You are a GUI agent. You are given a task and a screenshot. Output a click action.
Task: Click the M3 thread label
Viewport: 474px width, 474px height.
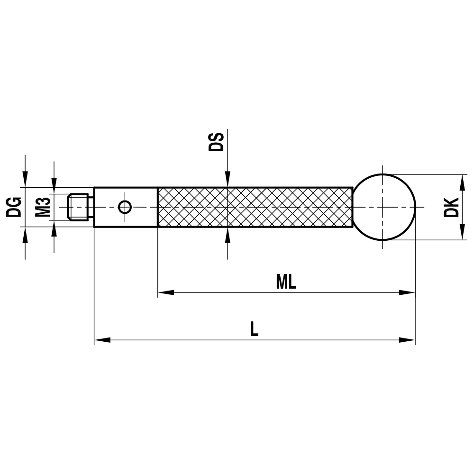point(43,207)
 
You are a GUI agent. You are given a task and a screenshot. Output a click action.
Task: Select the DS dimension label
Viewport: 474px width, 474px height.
point(216,142)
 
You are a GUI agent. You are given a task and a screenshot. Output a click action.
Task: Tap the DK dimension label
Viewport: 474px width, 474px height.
point(451,207)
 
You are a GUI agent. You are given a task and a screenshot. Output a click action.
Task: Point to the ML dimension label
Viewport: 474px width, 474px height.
point(286,283)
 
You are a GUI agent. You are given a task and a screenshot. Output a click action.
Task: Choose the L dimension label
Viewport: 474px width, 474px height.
point(255,329)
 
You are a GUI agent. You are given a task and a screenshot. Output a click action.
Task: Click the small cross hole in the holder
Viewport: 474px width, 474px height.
point(125,207)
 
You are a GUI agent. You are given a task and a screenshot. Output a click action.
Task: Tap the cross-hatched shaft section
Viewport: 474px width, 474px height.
point(254,207)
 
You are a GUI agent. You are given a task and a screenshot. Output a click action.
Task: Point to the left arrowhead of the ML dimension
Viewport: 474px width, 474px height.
point(165,292)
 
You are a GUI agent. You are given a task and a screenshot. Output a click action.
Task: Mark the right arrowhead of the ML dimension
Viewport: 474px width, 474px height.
point(407,292)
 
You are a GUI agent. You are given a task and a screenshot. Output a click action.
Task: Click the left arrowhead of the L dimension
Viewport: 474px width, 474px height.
point(102,340)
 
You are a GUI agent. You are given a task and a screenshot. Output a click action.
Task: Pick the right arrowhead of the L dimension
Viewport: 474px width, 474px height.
point(407,340)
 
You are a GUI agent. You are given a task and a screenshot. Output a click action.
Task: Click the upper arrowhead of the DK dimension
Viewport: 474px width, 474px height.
point(460,181)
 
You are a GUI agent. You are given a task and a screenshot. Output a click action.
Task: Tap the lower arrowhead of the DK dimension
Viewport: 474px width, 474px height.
point(460,233)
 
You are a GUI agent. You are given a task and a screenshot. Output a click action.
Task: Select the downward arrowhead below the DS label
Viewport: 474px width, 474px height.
point(228,180)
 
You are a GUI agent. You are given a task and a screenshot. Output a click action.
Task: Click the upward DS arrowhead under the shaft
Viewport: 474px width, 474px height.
point(228,235)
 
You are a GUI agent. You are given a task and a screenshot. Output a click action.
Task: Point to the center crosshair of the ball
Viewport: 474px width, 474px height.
point(382,207)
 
